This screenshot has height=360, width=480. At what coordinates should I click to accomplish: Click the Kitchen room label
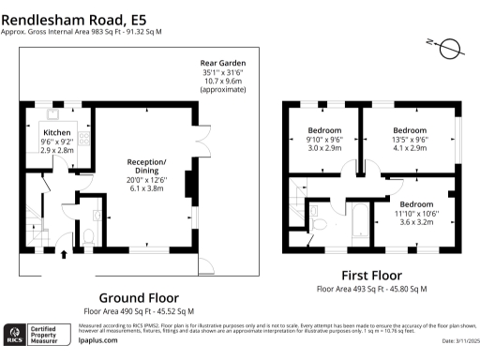(x=57, y=133)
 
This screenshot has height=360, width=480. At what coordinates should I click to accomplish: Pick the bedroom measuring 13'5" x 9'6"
(x=410, y=129)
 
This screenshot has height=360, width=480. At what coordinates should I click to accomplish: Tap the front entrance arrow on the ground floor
(x=64, y=253)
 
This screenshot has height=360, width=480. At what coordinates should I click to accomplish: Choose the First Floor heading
(x=371, y=276)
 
